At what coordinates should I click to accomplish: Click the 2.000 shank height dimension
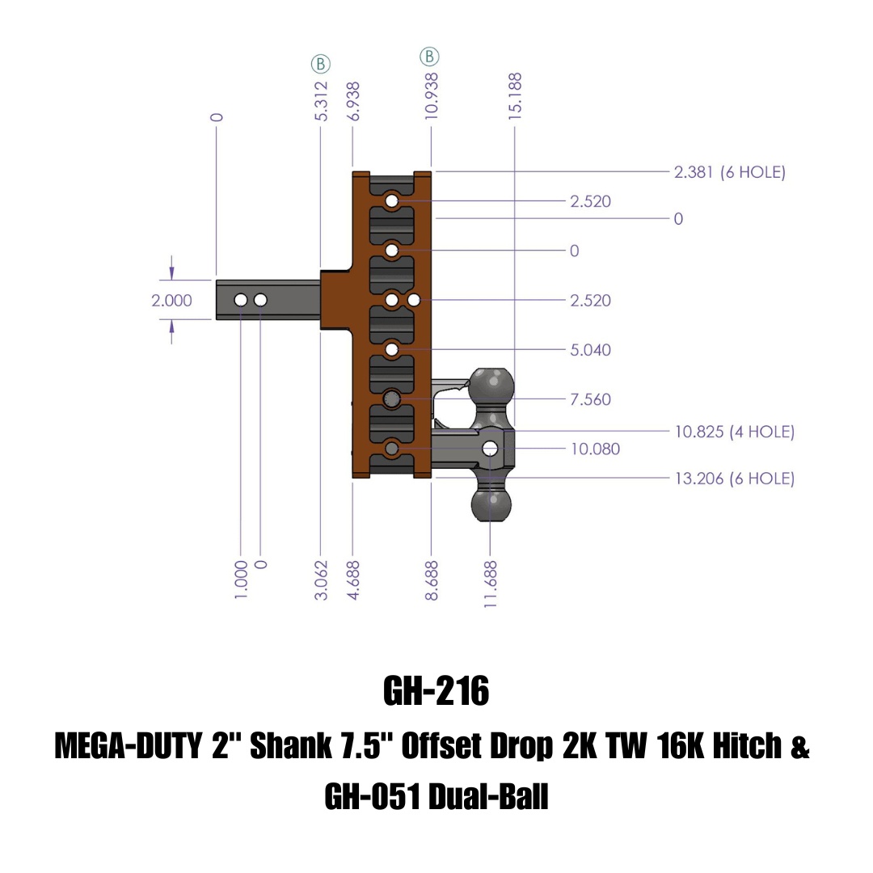pos(171,301)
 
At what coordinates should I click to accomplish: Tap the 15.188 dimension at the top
pos(515,96)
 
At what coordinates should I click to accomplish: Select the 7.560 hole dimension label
pos(590,399)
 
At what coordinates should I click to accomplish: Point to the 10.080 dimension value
pos(595,449)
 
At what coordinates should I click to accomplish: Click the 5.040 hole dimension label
pos(590,350)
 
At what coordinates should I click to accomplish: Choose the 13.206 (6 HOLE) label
pos(734,479)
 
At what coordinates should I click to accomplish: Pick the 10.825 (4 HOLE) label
pos(734,432)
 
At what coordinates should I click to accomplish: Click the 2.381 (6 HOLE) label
pos(729,172)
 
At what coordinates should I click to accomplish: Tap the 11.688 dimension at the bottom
pos(491,581)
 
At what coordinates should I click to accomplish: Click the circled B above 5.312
pos(321,64)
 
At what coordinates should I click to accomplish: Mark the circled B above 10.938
pos(429,57)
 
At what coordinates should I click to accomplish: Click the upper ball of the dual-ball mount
pos(491,386)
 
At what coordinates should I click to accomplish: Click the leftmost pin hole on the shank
pos(241,301)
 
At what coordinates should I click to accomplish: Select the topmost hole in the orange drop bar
pos(392,200)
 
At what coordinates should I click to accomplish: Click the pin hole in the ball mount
pos(491,449)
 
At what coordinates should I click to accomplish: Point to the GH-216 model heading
pos(436,692)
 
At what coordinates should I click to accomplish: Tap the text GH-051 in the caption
pos(370,799)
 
